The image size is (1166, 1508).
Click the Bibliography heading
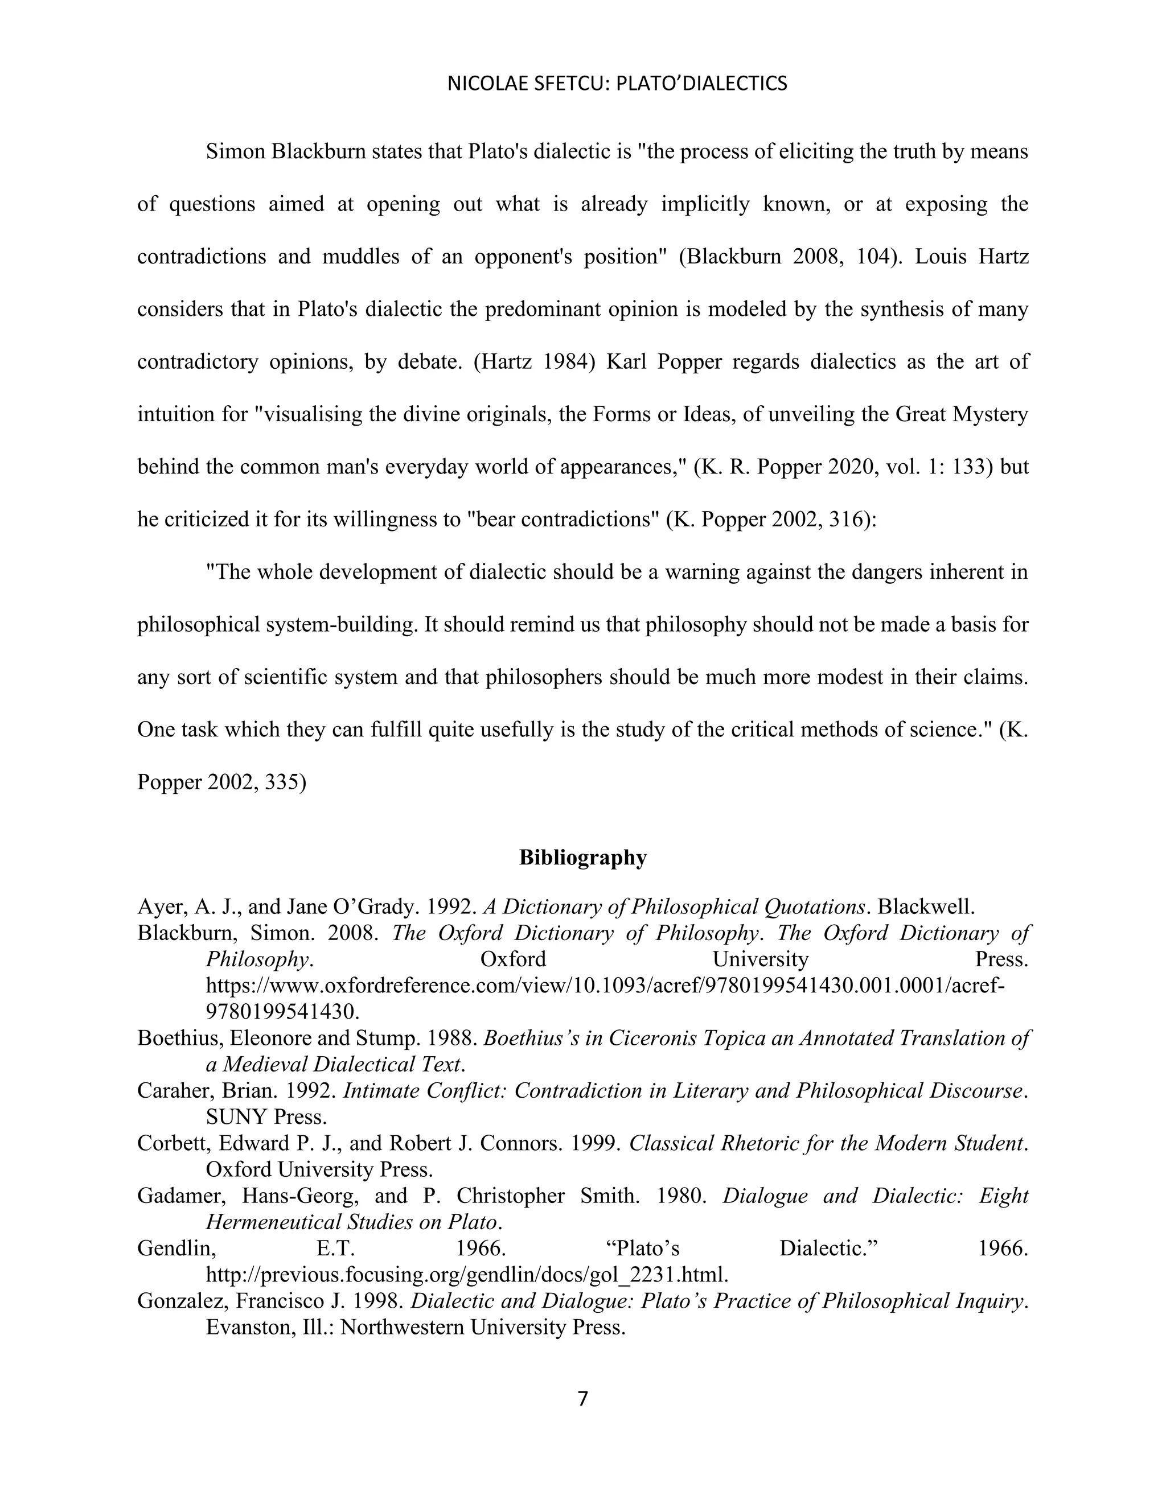click(x=582, y=858)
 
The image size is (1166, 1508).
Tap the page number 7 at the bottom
click(x=582, y=1399)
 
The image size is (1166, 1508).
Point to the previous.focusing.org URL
click(x=467, y=1274)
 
